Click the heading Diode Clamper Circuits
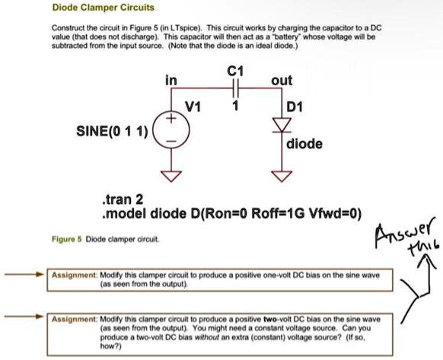103,8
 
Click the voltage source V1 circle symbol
171,129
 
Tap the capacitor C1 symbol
235,88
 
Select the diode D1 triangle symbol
282,125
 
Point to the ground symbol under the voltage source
171,176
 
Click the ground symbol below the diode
282,176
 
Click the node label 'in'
171,80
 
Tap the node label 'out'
282,81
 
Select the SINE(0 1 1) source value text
112,131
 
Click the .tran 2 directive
123,199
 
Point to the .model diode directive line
231,214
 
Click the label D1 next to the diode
295,107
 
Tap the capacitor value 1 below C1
235,106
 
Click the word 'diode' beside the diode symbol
304,144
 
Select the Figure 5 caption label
67,239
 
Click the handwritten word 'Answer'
403,232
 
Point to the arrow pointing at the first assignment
24,274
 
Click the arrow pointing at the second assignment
24,317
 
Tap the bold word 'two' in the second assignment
269,320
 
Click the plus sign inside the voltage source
171,118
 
